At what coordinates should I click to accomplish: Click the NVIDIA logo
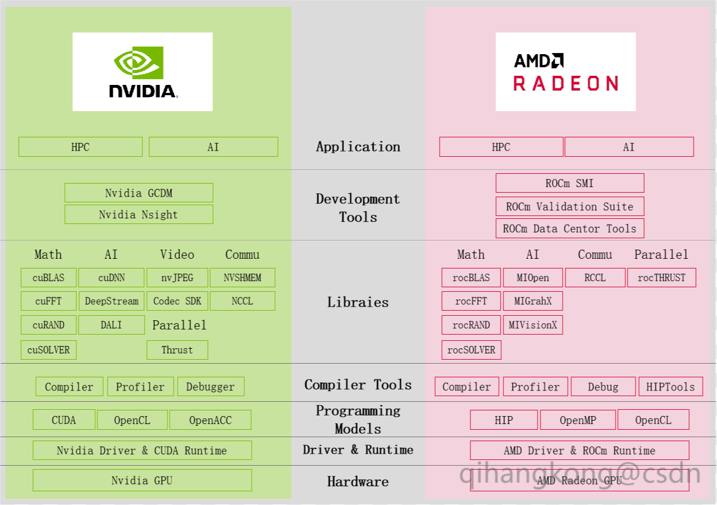(x=142, y=72)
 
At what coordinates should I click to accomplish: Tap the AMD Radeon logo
(x=566, y=72)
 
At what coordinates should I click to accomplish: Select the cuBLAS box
(x=48, y=278)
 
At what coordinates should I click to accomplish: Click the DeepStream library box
(x=112, y=301)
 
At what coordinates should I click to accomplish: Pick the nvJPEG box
(x=177, y=278)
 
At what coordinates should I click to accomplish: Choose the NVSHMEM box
(x=243, y=278)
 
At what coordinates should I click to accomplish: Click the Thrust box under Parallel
(x=177, y=350)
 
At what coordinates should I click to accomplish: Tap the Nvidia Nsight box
(x=138, y=214)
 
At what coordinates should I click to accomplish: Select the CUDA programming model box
(x=64, y=420)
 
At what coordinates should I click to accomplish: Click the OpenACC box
(x=210, y=420)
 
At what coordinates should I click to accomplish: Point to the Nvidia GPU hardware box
(x=142, y=480)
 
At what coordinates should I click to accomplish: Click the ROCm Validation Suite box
(x=569, y=206)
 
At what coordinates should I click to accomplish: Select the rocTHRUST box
(x=661, y=278)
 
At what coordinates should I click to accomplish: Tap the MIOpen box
(x=532, y=278)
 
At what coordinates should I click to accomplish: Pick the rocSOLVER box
(x=471, y=350)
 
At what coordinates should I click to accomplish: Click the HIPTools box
(x=670, y=386)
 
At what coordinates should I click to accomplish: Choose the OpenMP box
(x=577, y=420)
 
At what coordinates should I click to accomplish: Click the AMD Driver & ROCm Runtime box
(x=579, y=450)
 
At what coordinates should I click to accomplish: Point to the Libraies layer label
(x=358, y=302)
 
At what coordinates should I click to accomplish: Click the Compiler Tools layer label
(x=358, y=385)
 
